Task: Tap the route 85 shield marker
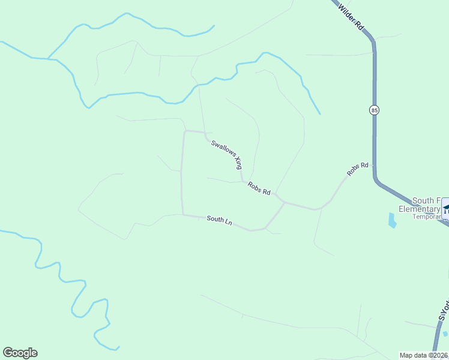tap(375, 110)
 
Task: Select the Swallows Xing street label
tap(226, 153)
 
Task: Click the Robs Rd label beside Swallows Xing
tap(259, 188)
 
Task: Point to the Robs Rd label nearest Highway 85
tap(357, 169)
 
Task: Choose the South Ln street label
tap(219, 220)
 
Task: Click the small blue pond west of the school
tap(393, 221)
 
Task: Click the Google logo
tap(20, 353)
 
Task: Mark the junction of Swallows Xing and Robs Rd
tap(243, 181)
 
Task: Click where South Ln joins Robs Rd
tap(284, 203)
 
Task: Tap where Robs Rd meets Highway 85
tap(375, 164)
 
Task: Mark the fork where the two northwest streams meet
tap(48, 58)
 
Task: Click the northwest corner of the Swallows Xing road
tap(184, 131)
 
